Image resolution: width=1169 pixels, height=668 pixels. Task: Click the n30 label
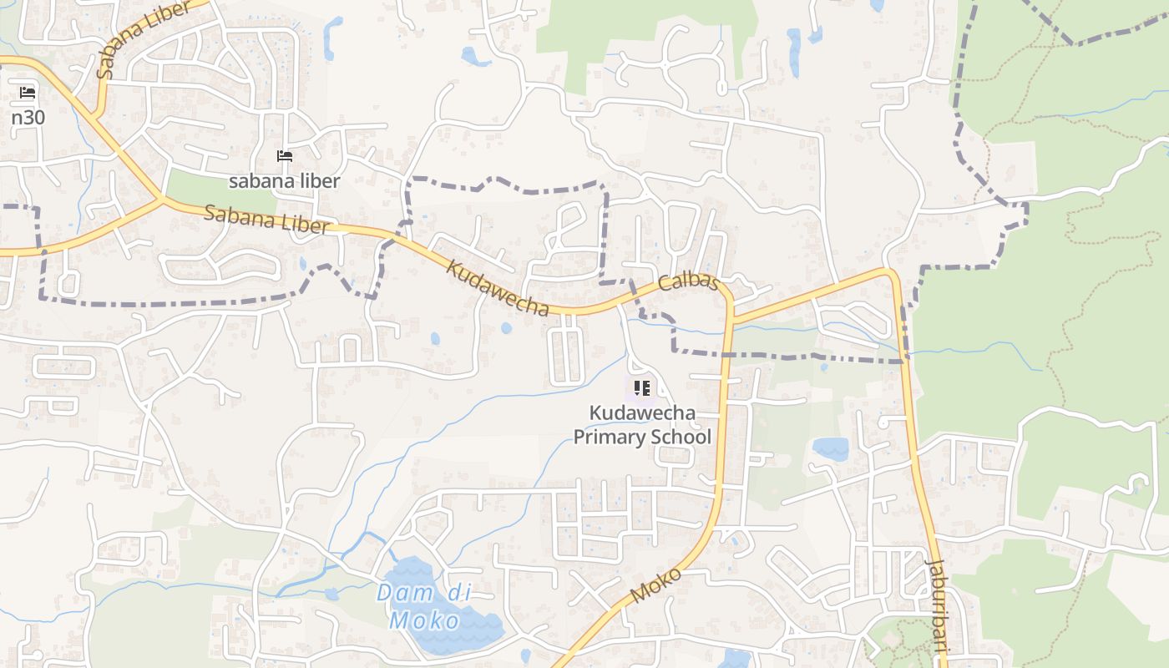coord(28,117)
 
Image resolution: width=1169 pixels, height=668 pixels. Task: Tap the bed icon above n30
coord(28,92)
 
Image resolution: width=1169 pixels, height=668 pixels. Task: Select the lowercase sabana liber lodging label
coord(285,181)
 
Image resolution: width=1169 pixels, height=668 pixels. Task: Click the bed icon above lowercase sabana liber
coord(285,156)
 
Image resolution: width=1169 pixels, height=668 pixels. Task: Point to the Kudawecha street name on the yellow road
coord(498,288)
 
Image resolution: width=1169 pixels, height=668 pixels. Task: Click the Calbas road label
coord(688,281)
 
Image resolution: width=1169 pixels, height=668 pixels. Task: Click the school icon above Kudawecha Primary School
coord(641,387)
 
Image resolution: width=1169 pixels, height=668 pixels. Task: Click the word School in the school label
coord(683,437)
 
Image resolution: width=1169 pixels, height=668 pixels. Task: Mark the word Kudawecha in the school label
coord(641,412)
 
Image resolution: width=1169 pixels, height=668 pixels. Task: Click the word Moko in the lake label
coord(424,620)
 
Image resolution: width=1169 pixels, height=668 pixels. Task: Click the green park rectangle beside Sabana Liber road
coord(219,191)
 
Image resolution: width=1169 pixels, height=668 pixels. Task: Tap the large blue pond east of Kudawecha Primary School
coord(830,448)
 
